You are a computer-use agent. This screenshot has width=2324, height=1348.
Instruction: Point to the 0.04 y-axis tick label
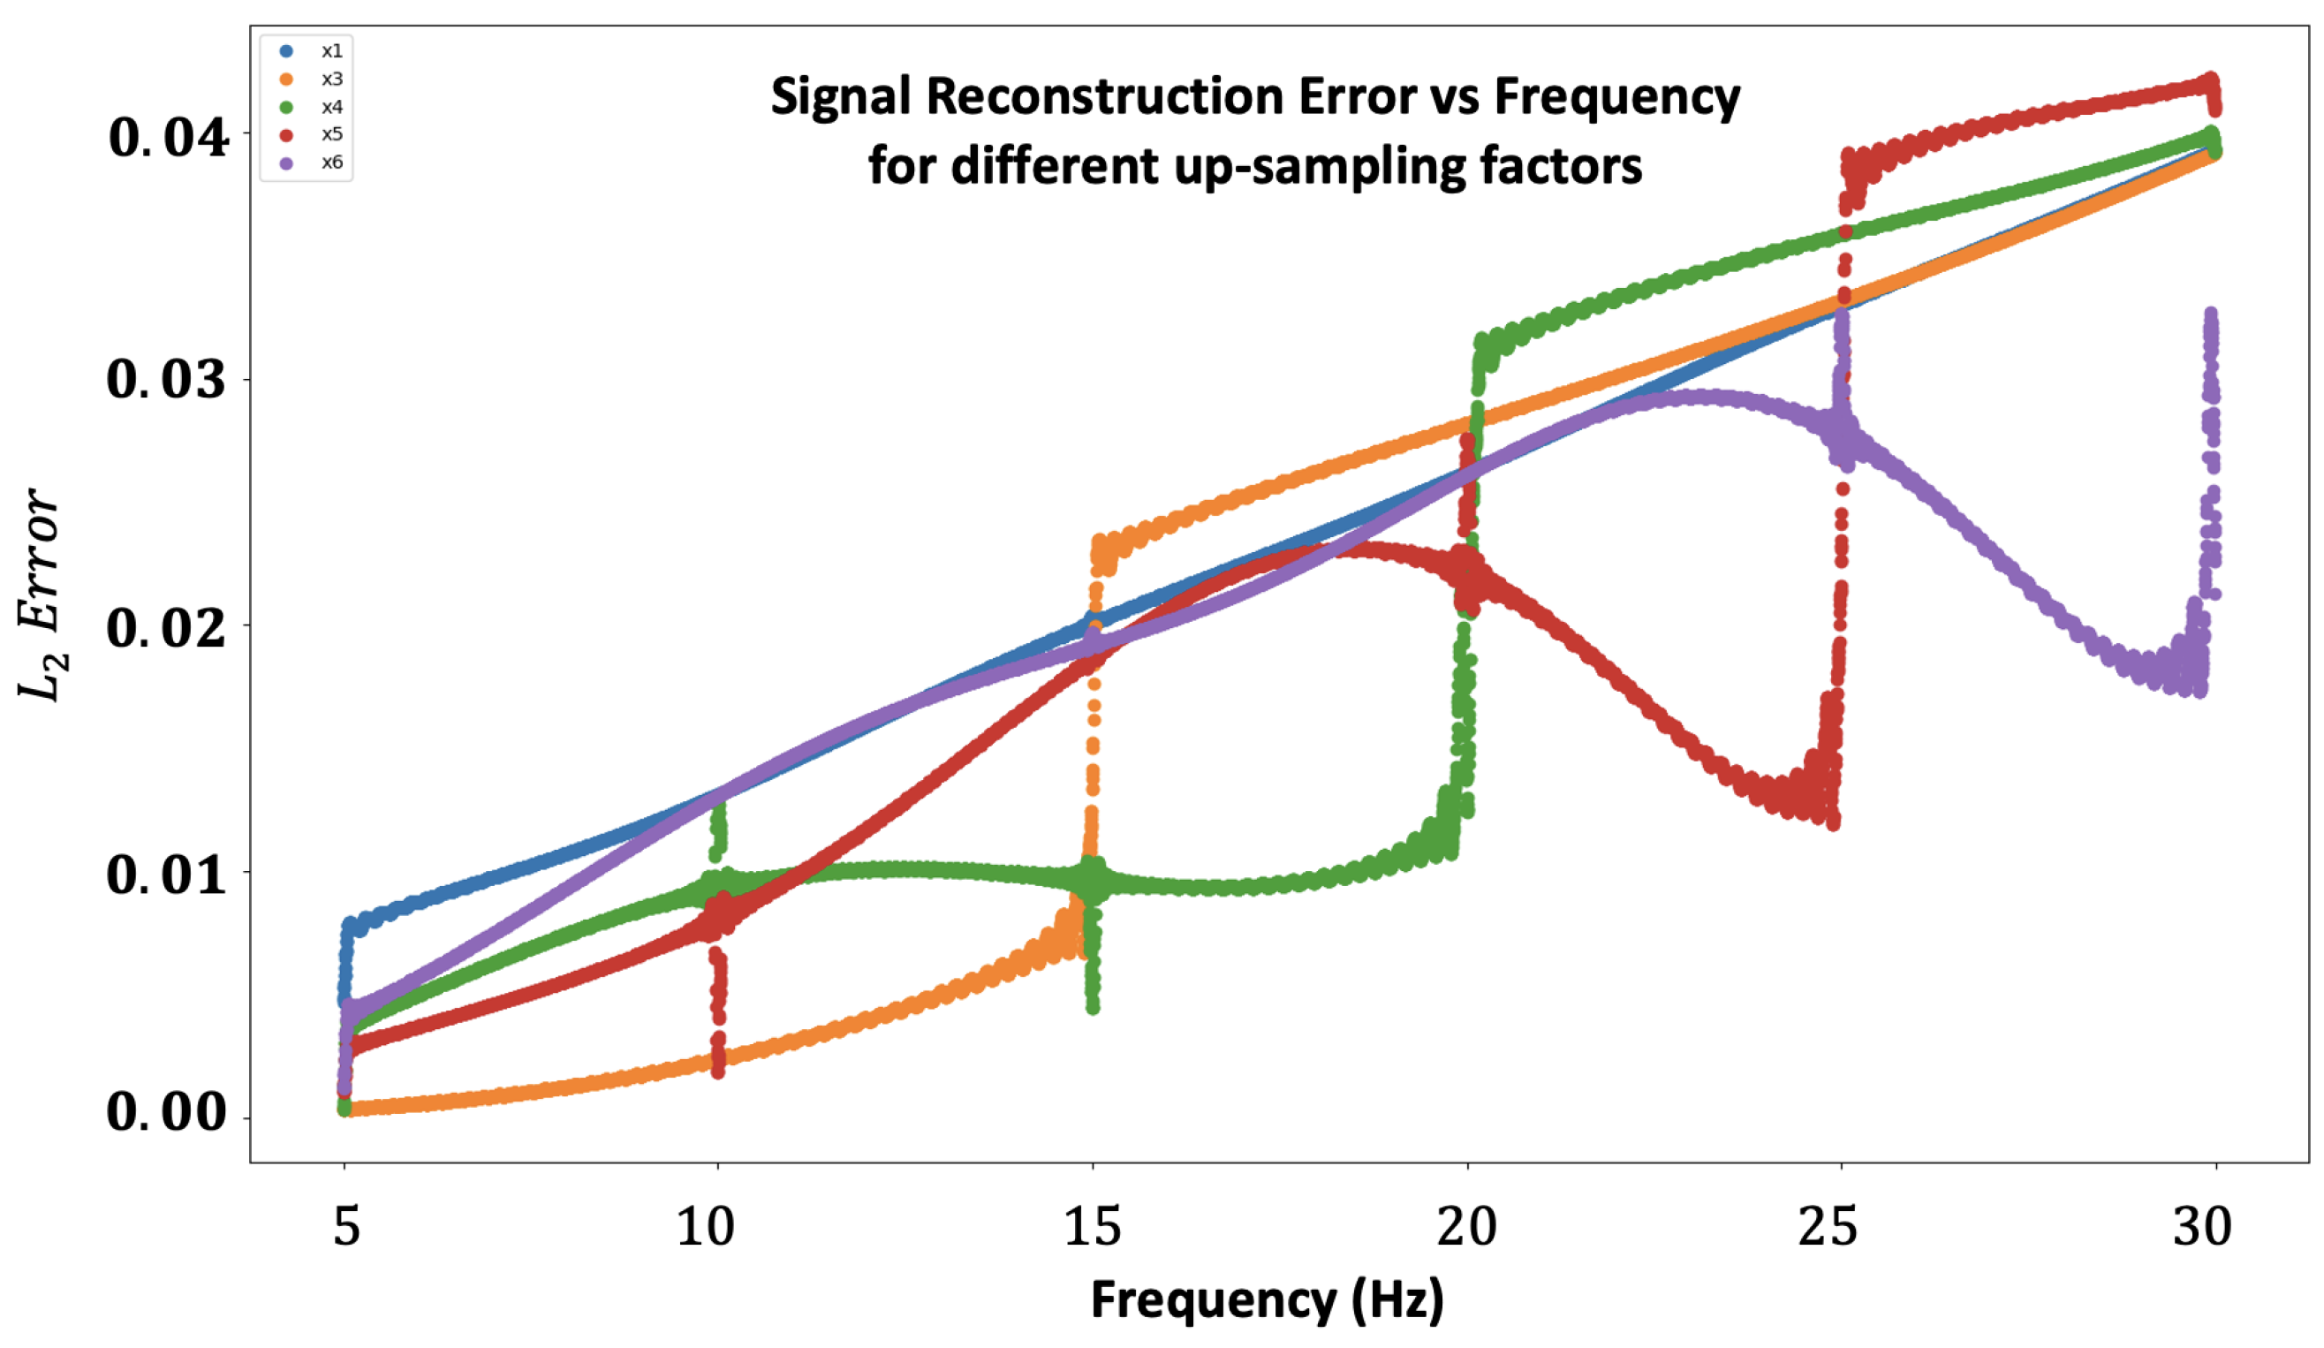(168, 139)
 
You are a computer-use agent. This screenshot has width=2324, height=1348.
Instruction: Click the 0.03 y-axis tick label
(166, 379)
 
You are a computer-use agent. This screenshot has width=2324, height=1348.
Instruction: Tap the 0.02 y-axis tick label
(166, 628)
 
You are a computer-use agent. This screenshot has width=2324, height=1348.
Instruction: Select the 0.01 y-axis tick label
(166, 874)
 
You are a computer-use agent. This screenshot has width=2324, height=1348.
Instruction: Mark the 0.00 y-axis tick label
(166, 1112)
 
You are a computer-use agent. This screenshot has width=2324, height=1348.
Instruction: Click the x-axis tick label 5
(346, 1227)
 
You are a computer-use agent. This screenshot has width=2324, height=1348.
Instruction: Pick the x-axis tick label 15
(1092, 1227)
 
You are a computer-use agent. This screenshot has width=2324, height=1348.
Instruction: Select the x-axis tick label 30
(2202, 1227)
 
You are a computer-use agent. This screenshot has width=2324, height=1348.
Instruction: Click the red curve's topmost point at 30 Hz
(2210, 80)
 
